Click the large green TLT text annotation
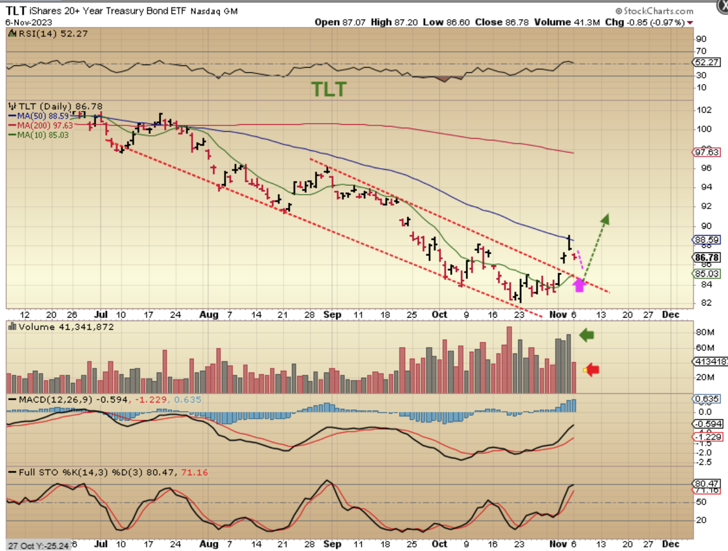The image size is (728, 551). tap(329, 90)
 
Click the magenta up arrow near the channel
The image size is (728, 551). tap(579, 285)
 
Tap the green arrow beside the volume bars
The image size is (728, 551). tap(586, 335)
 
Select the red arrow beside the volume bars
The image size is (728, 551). tap(592, 370)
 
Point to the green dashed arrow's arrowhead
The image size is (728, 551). tap(606, 219)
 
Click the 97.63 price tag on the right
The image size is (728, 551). tap(707, 152)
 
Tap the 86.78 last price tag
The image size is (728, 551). tap(707, 258)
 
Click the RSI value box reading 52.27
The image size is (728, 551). tap(707, 62)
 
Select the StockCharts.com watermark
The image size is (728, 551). tap(654, 11)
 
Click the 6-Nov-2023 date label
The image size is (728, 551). tap(28, 22)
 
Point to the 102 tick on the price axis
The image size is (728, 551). tap(704, 110)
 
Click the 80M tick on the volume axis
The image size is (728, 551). tap(705, 332)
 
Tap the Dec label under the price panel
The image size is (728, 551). tap(670, 315)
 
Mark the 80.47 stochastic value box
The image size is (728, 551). tap(707, 483)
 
